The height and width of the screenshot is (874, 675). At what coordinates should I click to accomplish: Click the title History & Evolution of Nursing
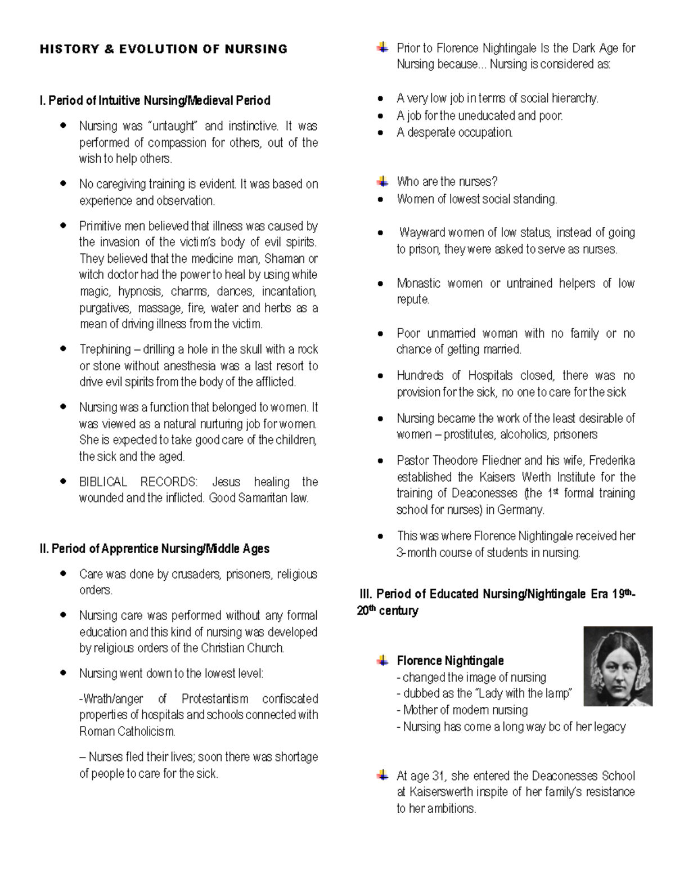163,49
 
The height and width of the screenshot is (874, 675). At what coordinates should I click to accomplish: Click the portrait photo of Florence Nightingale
618,666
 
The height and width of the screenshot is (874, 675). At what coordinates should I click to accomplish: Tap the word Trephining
104,349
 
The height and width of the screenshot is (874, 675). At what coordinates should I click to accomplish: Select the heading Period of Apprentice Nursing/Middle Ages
155,549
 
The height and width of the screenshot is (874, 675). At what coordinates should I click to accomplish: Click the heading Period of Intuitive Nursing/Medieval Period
155,101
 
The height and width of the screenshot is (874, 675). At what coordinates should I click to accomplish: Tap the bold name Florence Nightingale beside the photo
450,661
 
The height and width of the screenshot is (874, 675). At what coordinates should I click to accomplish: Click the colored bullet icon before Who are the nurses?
382,181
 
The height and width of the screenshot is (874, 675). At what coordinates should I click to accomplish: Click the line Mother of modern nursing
465,710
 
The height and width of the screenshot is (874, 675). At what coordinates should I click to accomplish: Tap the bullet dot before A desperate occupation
381,133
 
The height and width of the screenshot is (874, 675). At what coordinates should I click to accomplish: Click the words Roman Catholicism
127,732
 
